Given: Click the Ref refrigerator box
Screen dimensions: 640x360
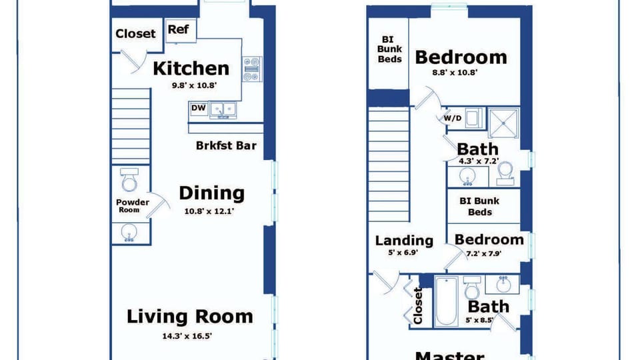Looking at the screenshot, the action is coord(181,31).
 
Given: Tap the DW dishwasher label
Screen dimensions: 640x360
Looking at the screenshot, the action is coord(199,108).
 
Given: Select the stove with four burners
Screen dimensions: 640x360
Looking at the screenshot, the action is coord(252,69).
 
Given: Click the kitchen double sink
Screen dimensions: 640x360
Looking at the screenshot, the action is coord(223,110).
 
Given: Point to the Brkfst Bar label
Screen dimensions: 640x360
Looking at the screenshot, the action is coord(226,145).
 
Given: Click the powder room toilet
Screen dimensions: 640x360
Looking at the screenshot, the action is coord(129,179).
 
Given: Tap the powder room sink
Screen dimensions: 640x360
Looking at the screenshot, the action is coord(129,233).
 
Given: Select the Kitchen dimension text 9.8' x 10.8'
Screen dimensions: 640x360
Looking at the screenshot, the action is coord(194,85).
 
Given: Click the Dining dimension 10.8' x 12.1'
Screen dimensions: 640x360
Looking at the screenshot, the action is coord(209,211).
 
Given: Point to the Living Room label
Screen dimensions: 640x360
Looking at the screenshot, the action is coord(190,317).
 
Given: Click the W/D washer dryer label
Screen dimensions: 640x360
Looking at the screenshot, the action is coord(453,119).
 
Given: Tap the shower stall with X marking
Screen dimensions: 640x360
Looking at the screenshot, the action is coord(504,123).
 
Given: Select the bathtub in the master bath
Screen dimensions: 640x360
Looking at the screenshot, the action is coord(446,301).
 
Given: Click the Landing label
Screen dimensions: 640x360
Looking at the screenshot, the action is coord(404,241).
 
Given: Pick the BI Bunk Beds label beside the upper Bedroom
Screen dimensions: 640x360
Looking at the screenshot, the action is coord(389,49).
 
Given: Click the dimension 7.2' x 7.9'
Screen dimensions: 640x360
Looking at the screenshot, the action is coord(484,253).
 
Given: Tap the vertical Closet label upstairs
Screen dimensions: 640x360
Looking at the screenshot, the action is coord(417,306).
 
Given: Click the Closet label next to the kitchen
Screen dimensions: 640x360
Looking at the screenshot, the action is coord(135,33).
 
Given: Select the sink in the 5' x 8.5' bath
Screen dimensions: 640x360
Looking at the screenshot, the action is coord(503,284).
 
